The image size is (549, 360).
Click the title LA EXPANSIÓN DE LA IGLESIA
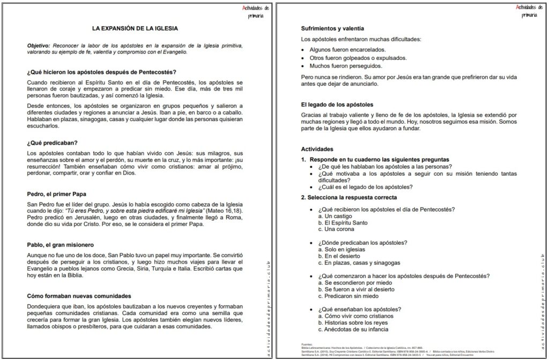pyautogui.click(x=135, y=28)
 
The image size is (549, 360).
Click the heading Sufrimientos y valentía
pyautogui.click(x=333, y=28)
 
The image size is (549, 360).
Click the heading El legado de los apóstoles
pyautogui.click(x=337, y=104)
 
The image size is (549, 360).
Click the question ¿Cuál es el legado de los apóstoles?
pyautogui.click(x=365, y=186)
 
